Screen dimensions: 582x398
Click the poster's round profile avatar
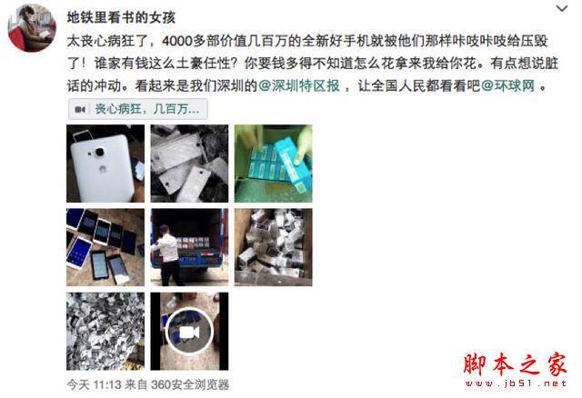coord(32,28)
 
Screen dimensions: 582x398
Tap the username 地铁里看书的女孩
coord(121,17)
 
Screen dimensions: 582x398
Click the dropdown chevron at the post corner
coord(562,9)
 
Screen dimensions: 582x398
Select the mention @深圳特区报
coord(299,86)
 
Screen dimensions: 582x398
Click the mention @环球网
coord(507,86)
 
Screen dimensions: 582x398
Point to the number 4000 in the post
coord(177,41)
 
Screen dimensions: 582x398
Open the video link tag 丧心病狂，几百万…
coord(137,109)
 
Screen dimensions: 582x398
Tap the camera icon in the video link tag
coord(80,109)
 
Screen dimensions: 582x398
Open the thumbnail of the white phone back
coord(105,164)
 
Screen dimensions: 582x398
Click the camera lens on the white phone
coord(99,152)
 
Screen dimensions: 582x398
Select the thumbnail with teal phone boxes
coord(273,164)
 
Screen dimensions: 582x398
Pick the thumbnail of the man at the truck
coord(189,247)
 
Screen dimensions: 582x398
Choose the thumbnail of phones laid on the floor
coord(105,247)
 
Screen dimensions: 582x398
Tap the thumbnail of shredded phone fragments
coord(105,332)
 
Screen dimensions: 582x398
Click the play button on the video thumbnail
coord(189,332)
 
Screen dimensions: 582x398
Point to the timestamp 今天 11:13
coord(95,384)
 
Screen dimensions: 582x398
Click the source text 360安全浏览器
coord(190,384)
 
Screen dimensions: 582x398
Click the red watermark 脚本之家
coord(516,364)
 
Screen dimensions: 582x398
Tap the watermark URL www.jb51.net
coord(516,383)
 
